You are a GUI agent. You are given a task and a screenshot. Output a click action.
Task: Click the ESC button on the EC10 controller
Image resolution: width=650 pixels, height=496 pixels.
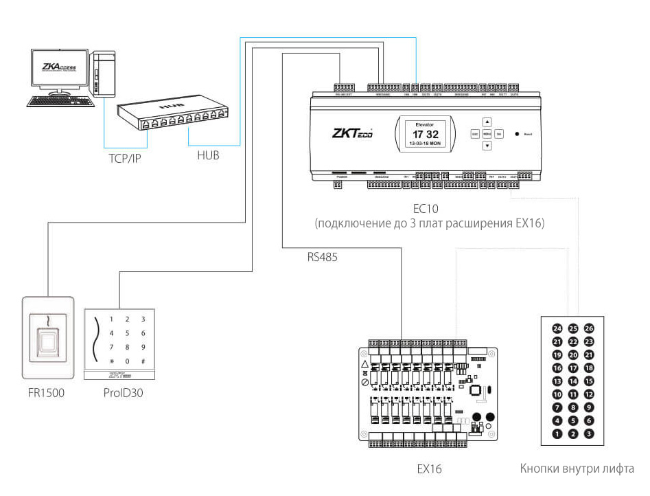coord(474,133)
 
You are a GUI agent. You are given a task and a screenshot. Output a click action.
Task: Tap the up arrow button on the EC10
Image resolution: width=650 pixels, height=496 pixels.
coord(487,121)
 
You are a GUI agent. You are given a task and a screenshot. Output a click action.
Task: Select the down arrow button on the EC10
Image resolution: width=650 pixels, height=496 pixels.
coord(487,146)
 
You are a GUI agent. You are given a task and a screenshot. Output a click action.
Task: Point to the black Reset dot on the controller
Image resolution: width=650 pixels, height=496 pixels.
coord(515,133)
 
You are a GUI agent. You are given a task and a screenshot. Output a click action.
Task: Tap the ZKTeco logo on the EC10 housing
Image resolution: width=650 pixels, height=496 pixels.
coord(351,133)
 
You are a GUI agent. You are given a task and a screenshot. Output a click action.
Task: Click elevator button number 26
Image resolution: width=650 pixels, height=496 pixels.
coord(588,328)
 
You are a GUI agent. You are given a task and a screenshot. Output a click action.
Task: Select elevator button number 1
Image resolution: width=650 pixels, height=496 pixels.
coord(557,433)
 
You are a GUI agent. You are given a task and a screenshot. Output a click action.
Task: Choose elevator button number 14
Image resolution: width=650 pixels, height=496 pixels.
coord(573,381)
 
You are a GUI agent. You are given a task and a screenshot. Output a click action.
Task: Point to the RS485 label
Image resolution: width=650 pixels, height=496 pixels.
coord(323,258)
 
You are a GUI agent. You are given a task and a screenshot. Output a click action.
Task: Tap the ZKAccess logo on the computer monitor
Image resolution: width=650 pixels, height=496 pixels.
coord(60,67)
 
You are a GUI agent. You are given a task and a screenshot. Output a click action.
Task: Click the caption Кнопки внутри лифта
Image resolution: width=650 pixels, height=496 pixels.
coord(577,469)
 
